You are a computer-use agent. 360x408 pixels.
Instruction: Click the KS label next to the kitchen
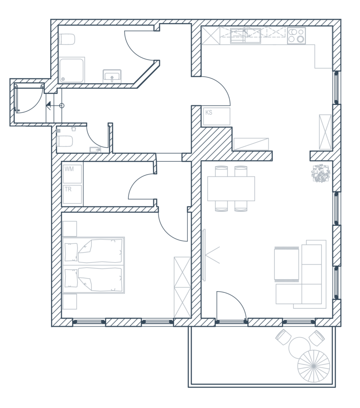coord(209,112)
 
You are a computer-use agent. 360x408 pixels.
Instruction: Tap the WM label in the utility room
coord(69,169)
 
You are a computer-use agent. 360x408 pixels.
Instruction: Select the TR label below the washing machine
coord(68,189)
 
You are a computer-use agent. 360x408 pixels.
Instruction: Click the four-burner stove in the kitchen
coord(297,35)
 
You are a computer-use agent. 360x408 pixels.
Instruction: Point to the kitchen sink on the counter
coord(246,35)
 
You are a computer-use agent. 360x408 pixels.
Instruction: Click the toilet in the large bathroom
coord(67,39)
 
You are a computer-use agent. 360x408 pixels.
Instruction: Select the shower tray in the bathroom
coord(72,70)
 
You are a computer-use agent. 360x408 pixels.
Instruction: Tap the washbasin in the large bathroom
coord(112,76)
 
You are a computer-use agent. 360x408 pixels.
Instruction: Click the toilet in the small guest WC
coord(65,141)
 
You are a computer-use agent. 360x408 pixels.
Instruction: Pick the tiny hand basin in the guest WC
coord(95,149)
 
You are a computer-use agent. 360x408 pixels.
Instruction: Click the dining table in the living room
coord(231,188)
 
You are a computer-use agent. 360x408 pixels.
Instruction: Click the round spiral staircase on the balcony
coord(314,366)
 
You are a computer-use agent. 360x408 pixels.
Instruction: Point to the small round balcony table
coord(300,347)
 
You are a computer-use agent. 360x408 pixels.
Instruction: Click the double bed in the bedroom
coord(93,265)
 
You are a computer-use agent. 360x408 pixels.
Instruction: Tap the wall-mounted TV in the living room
coord(204,255)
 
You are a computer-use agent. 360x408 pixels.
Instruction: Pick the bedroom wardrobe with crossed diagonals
coord(182,287)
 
